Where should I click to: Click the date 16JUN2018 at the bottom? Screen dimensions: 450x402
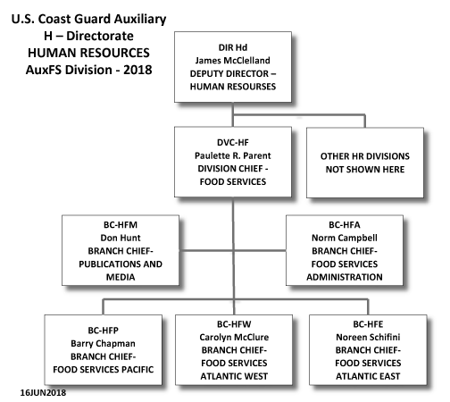click(43, 392)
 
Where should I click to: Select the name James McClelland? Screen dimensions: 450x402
click(233, 61)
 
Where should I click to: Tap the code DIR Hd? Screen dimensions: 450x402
click(233, 47)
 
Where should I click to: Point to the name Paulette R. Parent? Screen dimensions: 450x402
click(233, 155)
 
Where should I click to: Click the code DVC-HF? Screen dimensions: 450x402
click(233, 142)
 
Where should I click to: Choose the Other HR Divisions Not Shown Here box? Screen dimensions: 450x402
click(365, 163)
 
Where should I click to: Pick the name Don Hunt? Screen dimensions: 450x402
click(121, 238)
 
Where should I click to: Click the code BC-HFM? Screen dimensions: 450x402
click(121, 224)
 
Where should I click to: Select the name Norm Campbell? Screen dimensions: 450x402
click(345, 238)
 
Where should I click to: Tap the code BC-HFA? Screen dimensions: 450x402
click(345, 224)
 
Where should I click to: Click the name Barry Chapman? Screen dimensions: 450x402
click(103, 343)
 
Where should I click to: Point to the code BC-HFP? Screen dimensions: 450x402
click(103, 331)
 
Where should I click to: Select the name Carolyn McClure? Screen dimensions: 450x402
click(234, 337)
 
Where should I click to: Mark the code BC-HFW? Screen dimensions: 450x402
click(234, 324)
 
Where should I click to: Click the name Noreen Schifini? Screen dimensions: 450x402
click(368, 337)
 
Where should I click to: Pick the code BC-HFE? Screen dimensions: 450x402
click(368, 324)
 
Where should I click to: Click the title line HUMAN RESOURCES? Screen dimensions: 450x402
click(88, 53)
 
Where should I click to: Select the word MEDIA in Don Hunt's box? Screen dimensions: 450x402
click(121, 277)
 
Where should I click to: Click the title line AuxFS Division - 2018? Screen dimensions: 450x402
click(88, 70)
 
